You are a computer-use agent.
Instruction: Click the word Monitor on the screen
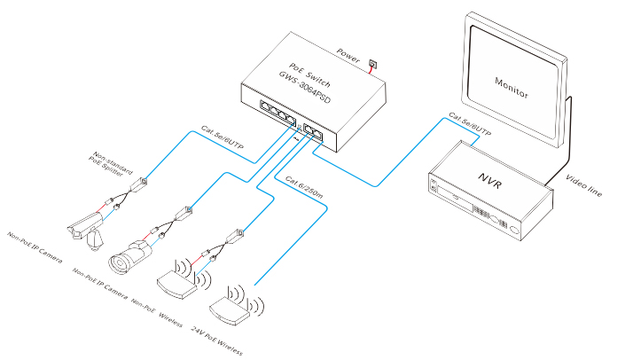coord(512,88)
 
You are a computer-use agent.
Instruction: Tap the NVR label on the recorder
coord(489,180)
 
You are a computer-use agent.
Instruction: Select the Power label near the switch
coord(348,56)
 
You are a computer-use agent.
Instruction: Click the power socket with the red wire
coord(373,64)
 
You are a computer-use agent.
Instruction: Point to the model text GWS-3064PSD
coord(305,88)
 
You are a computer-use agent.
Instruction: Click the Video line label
coord(583,185)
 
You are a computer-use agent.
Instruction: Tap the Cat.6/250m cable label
coord(304,187)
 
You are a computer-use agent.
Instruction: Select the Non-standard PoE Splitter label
coord(110,164)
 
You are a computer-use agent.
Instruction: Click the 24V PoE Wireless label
coord(216,340)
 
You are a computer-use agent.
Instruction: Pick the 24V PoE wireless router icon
coord(236,307)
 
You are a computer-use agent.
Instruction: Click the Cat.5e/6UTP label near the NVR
coord(470,124)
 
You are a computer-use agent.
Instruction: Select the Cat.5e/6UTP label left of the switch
coord(222,137)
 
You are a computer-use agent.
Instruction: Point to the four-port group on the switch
coord(278,112)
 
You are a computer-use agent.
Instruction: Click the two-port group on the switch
coord(313,132)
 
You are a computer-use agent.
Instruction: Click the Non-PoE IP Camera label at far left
coord(35,247)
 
